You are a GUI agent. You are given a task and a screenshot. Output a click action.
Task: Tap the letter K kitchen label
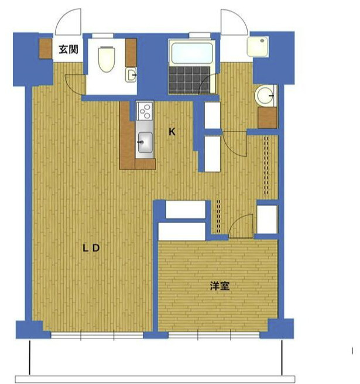pos(172,132)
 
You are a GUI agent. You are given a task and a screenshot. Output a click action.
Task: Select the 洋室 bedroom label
pos(220,286)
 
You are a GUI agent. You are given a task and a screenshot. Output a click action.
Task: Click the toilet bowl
pos(106,59)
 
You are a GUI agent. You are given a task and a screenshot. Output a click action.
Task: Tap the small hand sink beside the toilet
pos(132,74)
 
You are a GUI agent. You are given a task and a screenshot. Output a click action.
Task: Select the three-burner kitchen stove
pos(144,112)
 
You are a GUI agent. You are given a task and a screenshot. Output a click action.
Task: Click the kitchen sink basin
pos(144,141)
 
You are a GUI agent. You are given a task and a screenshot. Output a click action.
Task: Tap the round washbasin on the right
pos(266,94)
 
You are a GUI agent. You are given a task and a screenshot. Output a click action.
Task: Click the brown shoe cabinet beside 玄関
pos(46,49)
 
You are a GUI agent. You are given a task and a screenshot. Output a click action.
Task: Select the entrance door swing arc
pos(67,23)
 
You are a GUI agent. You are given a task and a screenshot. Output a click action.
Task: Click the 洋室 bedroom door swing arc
pos(241,225)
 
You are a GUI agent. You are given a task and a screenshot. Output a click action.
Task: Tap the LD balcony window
pos(97,335)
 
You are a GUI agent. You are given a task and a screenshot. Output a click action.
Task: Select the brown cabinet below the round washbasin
pos(267,118)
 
